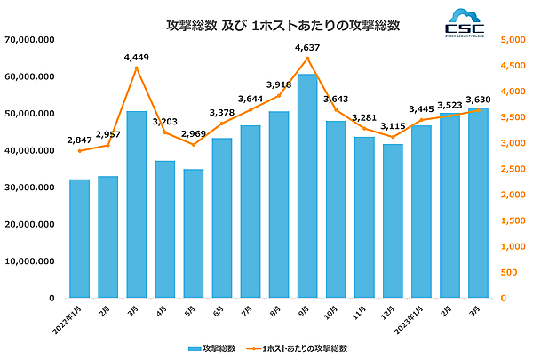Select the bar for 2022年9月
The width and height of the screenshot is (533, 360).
[307, 187]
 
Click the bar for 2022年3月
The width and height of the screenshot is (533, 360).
[137, 204]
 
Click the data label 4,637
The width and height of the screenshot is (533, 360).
[307, 47]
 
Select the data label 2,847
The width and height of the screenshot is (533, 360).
[80, 140]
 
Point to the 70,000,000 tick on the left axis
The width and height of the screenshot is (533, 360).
[31, 40]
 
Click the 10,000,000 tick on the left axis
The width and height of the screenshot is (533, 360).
[31, 261]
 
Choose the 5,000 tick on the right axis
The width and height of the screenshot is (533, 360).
[513, 40]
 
